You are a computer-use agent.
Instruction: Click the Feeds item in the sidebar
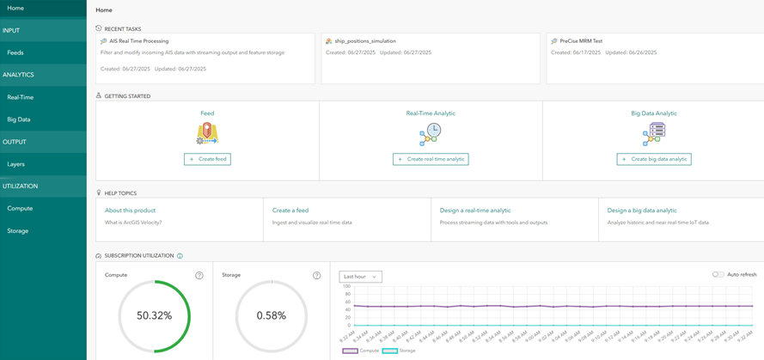[15, 52]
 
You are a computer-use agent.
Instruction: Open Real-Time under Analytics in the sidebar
[21, 97]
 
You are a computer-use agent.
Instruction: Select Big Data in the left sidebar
[19, 119]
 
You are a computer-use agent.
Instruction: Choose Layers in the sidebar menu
[16, 164]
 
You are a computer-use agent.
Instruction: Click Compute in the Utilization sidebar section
[20, 208]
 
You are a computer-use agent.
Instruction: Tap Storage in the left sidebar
[18, 230]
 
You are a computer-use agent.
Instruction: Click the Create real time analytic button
[431, 159]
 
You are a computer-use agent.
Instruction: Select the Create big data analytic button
[654, 159]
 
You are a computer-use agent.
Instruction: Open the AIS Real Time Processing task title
[138, 41]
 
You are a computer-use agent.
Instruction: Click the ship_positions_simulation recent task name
[365, 41]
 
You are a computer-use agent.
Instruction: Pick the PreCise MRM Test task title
[581, 41]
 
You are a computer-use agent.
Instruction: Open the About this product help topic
[131, 211]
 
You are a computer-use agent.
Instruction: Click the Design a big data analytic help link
[642, 211]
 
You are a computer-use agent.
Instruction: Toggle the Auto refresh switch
[718, 275]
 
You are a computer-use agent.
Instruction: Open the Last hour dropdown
[360, 277]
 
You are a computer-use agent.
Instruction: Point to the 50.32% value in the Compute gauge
[155, 315]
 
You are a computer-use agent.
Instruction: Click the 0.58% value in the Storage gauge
[272, 315]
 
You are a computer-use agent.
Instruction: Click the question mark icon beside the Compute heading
[199, 276]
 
